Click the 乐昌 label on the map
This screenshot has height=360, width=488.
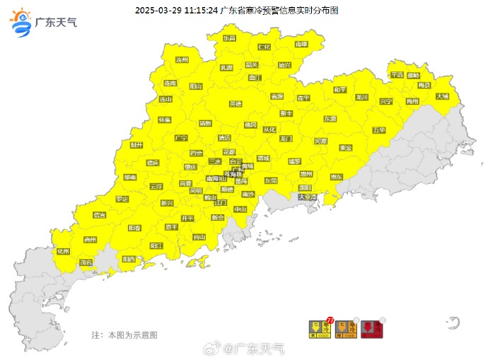coord(229,38)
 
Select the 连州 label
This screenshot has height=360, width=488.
coord(182,60)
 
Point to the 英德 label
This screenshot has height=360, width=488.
coord(236,103)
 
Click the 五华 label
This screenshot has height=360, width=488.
coord(378,130)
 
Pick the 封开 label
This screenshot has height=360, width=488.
coord(136,144)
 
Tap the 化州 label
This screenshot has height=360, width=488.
coord(63,251)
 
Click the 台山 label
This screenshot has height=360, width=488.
coord(199,236)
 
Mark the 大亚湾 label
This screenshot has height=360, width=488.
coord(307,197)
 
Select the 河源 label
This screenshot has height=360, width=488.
coord(321,141)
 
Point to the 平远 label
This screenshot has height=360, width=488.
coord(396,74)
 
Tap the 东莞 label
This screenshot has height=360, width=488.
coord(271,180)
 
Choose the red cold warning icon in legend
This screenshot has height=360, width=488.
coord(371,330)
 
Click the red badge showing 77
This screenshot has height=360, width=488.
coord(330,320)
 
